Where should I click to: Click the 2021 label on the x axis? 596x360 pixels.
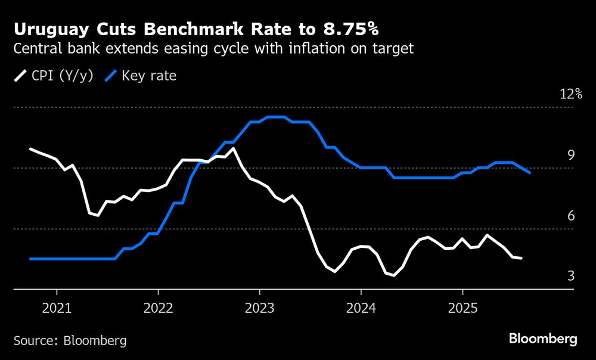coord(57,309)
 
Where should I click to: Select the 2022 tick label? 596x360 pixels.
coord(158,309)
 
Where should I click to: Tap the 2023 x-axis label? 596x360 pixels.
coord(259,309)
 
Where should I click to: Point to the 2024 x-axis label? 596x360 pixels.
coord(361,309)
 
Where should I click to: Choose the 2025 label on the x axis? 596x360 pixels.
coord(462,309)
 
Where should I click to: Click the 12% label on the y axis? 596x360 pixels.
coord(570,94)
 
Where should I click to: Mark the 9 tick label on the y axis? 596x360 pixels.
coord(570,156)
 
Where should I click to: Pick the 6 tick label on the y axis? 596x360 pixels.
coord(570,216)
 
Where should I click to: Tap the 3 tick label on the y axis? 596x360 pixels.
coord(570,276)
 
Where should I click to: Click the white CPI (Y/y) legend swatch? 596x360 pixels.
coord(21,76)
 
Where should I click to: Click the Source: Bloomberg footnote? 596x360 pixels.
coord(70,340)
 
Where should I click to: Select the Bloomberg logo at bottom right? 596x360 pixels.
coord(543,339)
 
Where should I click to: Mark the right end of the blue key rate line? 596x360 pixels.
coord(529,172)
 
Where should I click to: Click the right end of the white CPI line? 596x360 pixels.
coord(521,258)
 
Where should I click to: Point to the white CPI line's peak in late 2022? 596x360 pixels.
coord(233,148)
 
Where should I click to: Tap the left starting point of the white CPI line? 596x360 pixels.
coord(30,149)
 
